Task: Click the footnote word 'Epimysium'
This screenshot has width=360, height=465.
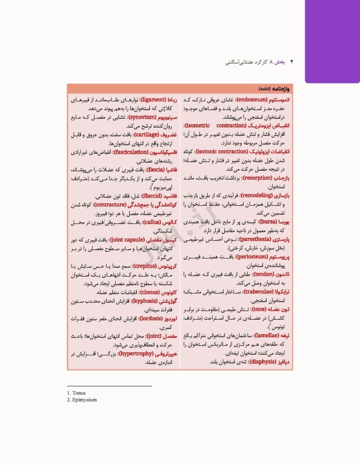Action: pyautogui.click(x=84, y=400)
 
